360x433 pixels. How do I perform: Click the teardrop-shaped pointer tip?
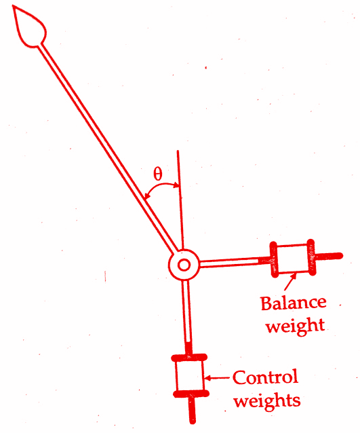(28, 26)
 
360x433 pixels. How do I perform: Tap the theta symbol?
(158, 174)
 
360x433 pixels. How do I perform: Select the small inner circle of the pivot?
(184, 265)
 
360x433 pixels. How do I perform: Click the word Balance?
(294, 303)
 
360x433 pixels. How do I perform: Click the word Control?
(265, 377)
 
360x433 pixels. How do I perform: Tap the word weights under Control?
(266, 400)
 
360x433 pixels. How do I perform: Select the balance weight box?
(292, 259)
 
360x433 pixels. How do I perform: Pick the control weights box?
(190, 376)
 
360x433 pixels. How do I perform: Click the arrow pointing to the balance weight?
(290, 281)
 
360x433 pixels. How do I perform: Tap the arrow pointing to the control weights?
(218, 378)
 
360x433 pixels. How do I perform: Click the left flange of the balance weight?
(273, 259)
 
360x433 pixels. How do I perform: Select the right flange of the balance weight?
(311, 257)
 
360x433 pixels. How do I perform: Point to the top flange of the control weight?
(189, 358)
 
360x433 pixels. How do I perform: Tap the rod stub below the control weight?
(192, 411)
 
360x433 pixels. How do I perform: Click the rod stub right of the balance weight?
(329, 257)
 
